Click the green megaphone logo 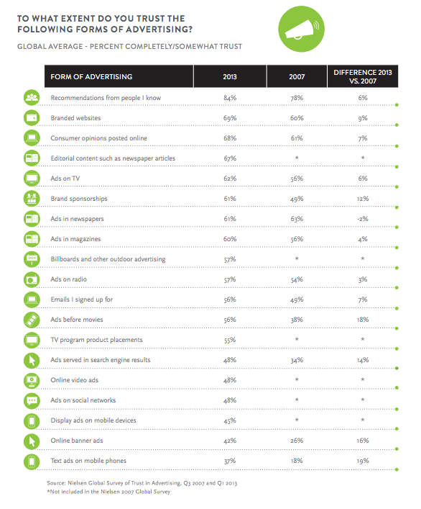click(301, 29)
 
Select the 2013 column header click(230, 76)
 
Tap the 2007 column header click(297, 76)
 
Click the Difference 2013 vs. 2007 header click(363, 76)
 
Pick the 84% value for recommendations click(230, 98)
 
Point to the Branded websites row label click(75, 118)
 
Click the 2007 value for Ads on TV click(297, 179)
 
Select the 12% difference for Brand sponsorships click(363, 199)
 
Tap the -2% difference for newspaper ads click(363, 219)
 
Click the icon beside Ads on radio click(32, 279)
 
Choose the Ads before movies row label click(77, 320)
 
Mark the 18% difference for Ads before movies click(363, 320)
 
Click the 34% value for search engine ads click(297, 360)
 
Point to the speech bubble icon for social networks click(32, 400)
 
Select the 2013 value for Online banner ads click(230, 441)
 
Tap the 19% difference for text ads click(363, 461)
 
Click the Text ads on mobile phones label click(88, 461)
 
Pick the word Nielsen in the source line click(77, 483)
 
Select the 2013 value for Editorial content click(230, 158)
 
